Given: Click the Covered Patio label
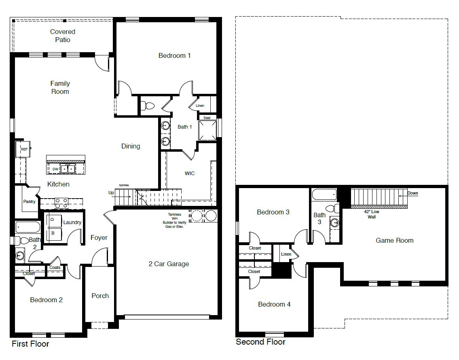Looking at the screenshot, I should tap(63, 36).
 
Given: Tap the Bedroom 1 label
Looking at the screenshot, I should tap(174, 55).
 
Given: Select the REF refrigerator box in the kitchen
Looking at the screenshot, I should tap(24, 149).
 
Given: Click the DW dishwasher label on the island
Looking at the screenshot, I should tap(55, 169).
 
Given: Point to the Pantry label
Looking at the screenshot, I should tap(29, 201).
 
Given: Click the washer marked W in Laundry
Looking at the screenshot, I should tap(53, 234).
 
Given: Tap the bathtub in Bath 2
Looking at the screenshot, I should tap(27, 227).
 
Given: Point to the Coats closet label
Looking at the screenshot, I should tap(55, 267).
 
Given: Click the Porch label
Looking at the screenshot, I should tap(100, 296).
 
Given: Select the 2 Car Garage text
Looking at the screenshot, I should tap(169, 264).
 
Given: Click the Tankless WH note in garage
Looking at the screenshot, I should tap(175, 220).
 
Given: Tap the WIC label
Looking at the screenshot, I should tap(190, 173).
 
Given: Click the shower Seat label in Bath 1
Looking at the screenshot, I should tap(207, 118).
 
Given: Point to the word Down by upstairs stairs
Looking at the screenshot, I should tap(412, 193).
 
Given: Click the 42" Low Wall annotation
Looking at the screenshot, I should tap(372, 214).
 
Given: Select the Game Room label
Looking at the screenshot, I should tap(394, 240).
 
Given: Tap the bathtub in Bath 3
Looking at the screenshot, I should tap(324, 195).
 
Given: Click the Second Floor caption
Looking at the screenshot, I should tap(260, 342).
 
